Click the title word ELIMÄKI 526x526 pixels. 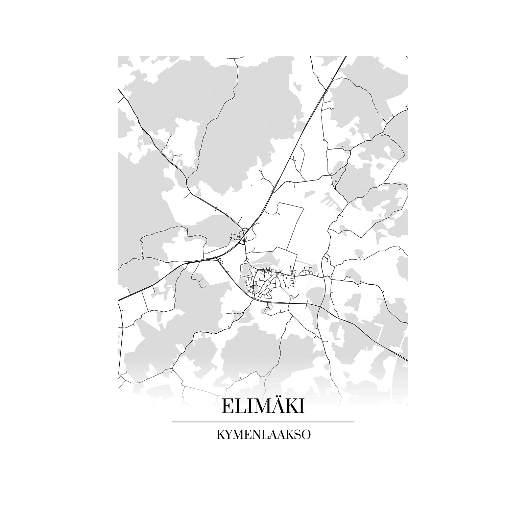pyautogui.click(x=263, y=407)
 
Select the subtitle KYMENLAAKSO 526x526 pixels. pyautogui.click(x=263, y=435)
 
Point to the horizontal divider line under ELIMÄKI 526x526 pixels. pyautogui.click(x=263, y=422)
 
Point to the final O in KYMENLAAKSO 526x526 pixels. pyautogui.click(x=305, y=435)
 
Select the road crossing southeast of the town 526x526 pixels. pyautogui.click(x=321, y=307)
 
